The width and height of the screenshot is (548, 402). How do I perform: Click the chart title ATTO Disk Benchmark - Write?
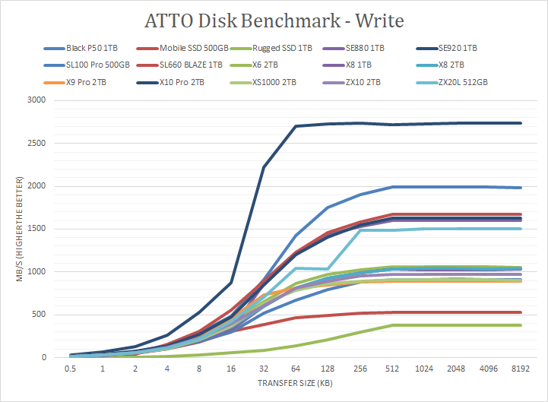coord(274,18)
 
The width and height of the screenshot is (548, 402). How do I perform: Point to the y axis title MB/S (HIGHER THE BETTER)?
coord(19,229)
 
